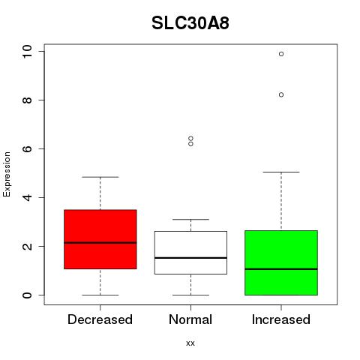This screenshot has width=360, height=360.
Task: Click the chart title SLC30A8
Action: point(190,23)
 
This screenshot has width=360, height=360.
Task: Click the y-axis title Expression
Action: point(7,174)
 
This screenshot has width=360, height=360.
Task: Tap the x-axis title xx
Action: point(190,343)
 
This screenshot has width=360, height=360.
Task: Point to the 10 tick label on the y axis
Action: point(27,52)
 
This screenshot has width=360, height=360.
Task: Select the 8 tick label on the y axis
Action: point(27,100)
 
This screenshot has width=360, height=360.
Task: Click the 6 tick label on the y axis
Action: point(27,148)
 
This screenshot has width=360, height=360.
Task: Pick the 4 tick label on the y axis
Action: point(27,197)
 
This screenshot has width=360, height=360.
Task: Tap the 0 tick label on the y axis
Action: point(27,295)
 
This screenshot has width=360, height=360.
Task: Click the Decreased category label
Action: point(100,319)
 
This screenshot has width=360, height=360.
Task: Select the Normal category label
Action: point(190,319)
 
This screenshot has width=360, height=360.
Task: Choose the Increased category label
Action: point(281,319)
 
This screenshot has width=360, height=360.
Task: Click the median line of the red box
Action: point(100,242)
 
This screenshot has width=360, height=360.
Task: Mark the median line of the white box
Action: point(190,258)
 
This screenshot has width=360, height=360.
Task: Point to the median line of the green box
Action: point(281,269)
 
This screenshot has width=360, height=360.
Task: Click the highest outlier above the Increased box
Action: point(281,54)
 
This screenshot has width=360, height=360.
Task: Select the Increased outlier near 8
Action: point(281,94)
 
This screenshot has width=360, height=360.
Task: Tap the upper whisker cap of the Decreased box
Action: point(100,177)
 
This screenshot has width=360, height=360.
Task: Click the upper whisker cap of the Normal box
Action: point(190,219)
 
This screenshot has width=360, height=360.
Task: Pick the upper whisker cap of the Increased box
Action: point(281,172)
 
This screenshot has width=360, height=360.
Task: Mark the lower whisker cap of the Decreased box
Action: point(100,295)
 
